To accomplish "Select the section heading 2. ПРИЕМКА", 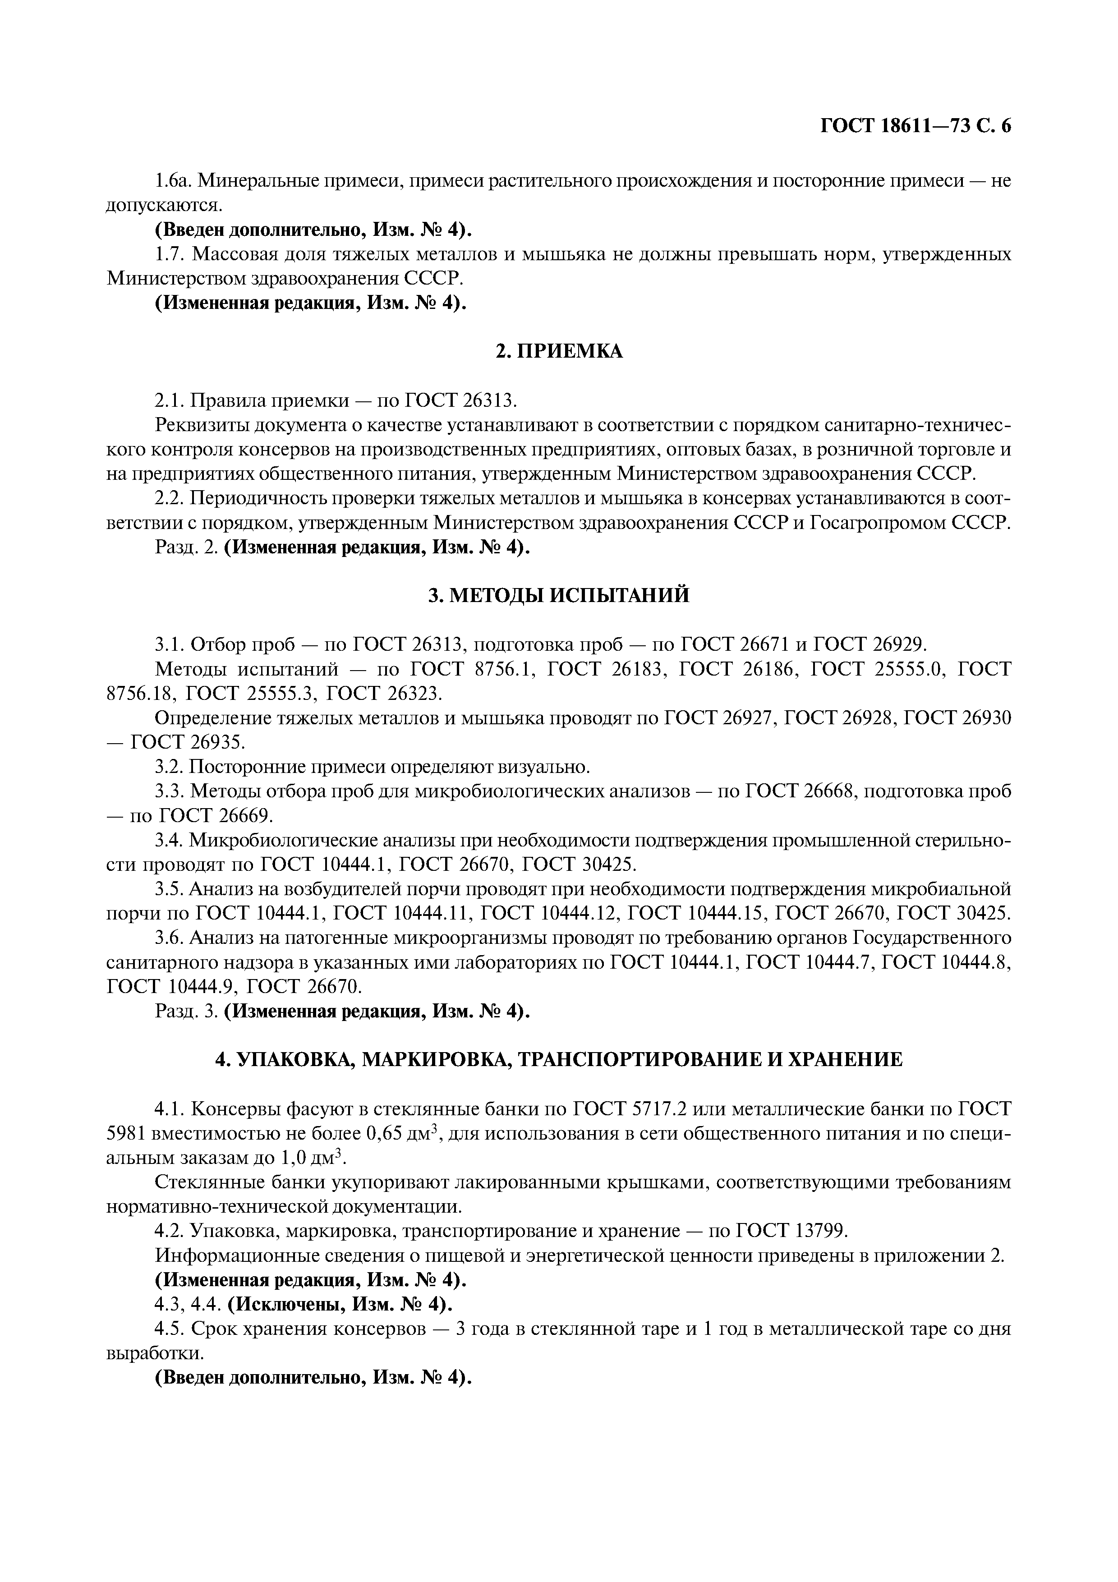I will [559, 351].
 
